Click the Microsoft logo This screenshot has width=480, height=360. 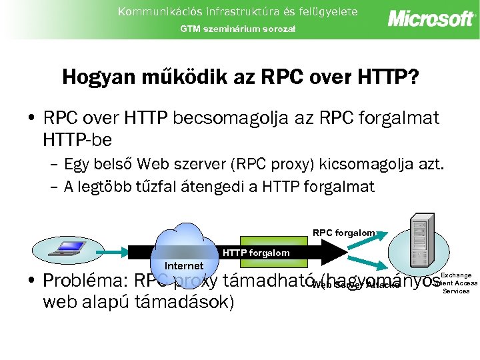(431, 18)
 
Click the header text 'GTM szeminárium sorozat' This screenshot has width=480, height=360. (237, 29)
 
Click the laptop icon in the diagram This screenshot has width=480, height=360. (66, 249)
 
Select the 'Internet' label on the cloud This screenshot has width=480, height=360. (184, 266)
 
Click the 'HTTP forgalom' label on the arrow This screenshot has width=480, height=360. (256, 253)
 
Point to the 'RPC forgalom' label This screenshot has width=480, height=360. (343, 233)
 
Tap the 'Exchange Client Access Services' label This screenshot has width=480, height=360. (457, 283)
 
